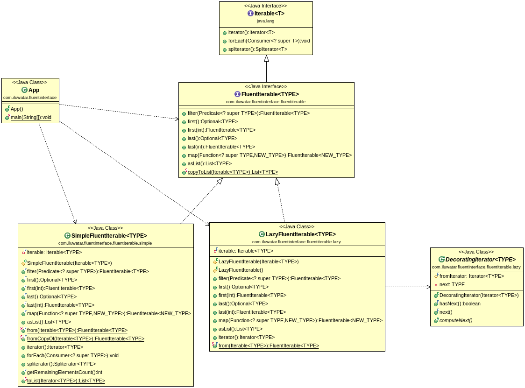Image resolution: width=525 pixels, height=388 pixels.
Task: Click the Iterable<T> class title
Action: [x=269, y=14]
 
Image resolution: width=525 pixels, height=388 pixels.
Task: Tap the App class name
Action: [x=34, y=90]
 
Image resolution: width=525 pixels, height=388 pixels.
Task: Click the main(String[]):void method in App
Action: [x=31, y=117]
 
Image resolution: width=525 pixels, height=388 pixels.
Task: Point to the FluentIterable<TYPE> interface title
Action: [x=270, y=94]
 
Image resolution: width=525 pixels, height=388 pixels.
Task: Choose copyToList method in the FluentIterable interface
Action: [x=233, y=172]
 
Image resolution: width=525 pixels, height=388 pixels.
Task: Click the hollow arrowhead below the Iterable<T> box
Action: [x=266, y=59]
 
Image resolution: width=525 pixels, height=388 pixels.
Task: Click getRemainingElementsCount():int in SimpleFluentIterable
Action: [x=64, y=372]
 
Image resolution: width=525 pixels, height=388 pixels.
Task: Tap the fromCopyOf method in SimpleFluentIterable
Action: [x=85, y=339]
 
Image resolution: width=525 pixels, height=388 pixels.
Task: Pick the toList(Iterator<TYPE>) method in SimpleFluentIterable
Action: [x=66, y=381]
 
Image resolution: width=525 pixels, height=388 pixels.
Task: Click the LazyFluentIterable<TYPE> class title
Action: [x=300, y=234]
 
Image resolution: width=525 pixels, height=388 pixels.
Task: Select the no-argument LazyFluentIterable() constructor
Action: [x=241, y=270]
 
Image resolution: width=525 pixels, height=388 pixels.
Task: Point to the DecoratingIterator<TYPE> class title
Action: [x=480, y=260]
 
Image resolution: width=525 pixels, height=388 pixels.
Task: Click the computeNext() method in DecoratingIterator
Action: [x=456, y=320]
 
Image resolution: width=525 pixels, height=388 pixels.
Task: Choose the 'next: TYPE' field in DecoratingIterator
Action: [x=452, y=284]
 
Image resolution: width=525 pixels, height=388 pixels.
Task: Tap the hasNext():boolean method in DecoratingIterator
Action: [x=460, y=303]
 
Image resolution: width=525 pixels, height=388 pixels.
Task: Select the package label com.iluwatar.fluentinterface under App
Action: [x=30, y=98]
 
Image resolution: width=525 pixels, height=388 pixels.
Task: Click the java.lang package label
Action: [x=266, y=21]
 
